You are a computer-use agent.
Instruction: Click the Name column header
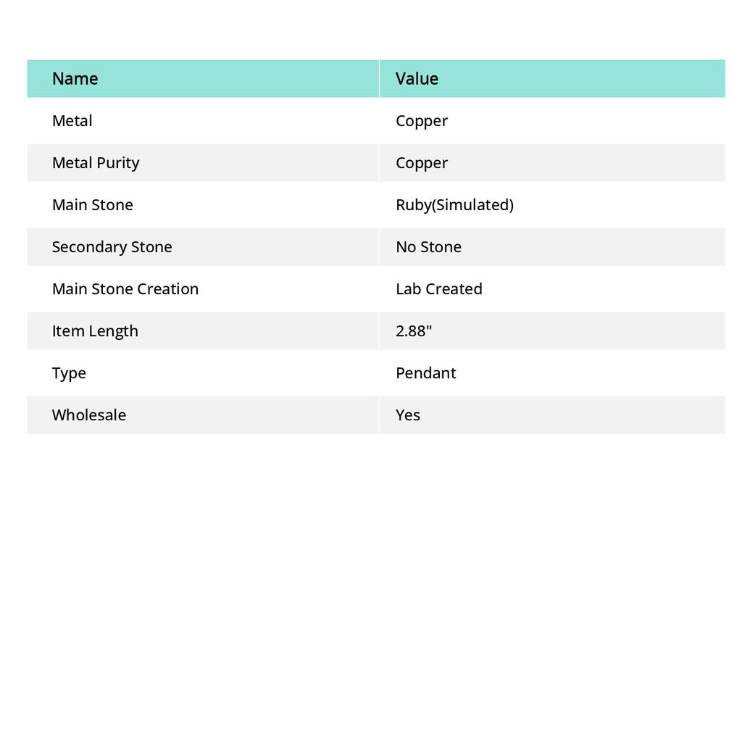pyautogui.click(x=75, y=78)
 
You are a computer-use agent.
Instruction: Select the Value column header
pyautogui.click(x=417, y=78)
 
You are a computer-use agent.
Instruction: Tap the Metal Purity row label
pyautogui.click(x=96, y=163)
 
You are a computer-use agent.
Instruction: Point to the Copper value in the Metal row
pyautogui.click(x=422, y=121)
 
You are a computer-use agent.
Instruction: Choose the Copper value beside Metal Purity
pyautogui.click(x=422, y=163)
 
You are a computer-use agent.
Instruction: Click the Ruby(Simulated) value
pyautogui.click(x=454, y=205)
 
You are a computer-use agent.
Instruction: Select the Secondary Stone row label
pyautogui.click(x=112, y=247)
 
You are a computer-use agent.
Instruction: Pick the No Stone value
pyautogui.click(x=428, y=247)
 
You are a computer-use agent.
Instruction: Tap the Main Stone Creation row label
pyautogui.click(x=125, y=289)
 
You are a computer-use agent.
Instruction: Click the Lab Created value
pyautogui.click(x=438, y=289)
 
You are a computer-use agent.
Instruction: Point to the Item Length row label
pyautogui.click(x=95, y=331)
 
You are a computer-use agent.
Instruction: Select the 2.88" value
pyautogui.click(x=414, y=331)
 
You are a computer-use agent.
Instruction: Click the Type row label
pyautogui.click(x=69, y=373)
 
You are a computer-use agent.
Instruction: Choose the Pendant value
pyautogui.click(x=425, y=373)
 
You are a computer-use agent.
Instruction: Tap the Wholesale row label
pyautogui.click(x=88, y=415)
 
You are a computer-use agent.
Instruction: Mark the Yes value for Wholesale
pyautogui.click(x=408, y=415)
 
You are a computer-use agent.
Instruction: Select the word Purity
pyautogui.click(x=118, y=163)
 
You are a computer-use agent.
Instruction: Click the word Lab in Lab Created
pyautogui.click(x=408, y=289)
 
